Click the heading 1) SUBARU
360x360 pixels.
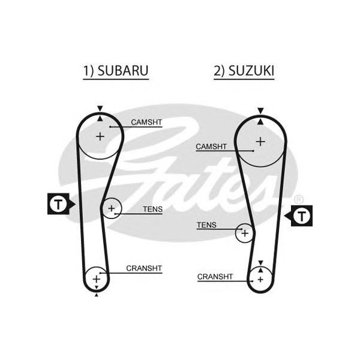click(116, 71)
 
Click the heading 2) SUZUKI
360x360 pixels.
click(244, 71)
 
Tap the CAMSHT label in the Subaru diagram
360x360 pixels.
click(146, 122)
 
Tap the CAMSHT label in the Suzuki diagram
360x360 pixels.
click(211, 146)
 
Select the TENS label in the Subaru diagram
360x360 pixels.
click(152, 209)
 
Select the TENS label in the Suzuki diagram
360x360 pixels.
click(206, 225)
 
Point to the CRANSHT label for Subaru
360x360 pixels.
click(144, 268)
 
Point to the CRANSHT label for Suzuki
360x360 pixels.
click(215, 277)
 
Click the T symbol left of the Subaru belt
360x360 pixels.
click(58, 204)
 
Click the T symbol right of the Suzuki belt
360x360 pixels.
click(302, 216)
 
